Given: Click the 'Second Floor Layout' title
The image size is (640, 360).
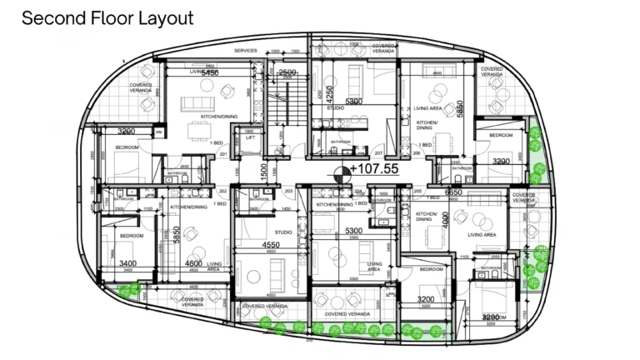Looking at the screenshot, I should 107,17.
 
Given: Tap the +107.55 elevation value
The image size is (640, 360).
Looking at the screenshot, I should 374,168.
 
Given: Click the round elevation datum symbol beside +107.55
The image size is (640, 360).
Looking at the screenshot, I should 340,173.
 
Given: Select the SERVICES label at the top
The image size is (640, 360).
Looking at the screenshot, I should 245,51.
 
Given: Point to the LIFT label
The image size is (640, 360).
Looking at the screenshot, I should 250,137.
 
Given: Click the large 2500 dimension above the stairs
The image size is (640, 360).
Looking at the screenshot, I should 287,72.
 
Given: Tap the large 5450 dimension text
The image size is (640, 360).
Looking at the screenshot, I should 204,72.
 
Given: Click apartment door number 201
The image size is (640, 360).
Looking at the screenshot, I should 223,154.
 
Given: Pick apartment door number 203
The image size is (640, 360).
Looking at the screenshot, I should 289,192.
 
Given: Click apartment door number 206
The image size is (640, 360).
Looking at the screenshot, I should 417,154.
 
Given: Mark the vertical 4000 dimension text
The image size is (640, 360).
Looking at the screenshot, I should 445,220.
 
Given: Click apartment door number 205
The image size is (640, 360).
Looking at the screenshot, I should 417,191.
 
